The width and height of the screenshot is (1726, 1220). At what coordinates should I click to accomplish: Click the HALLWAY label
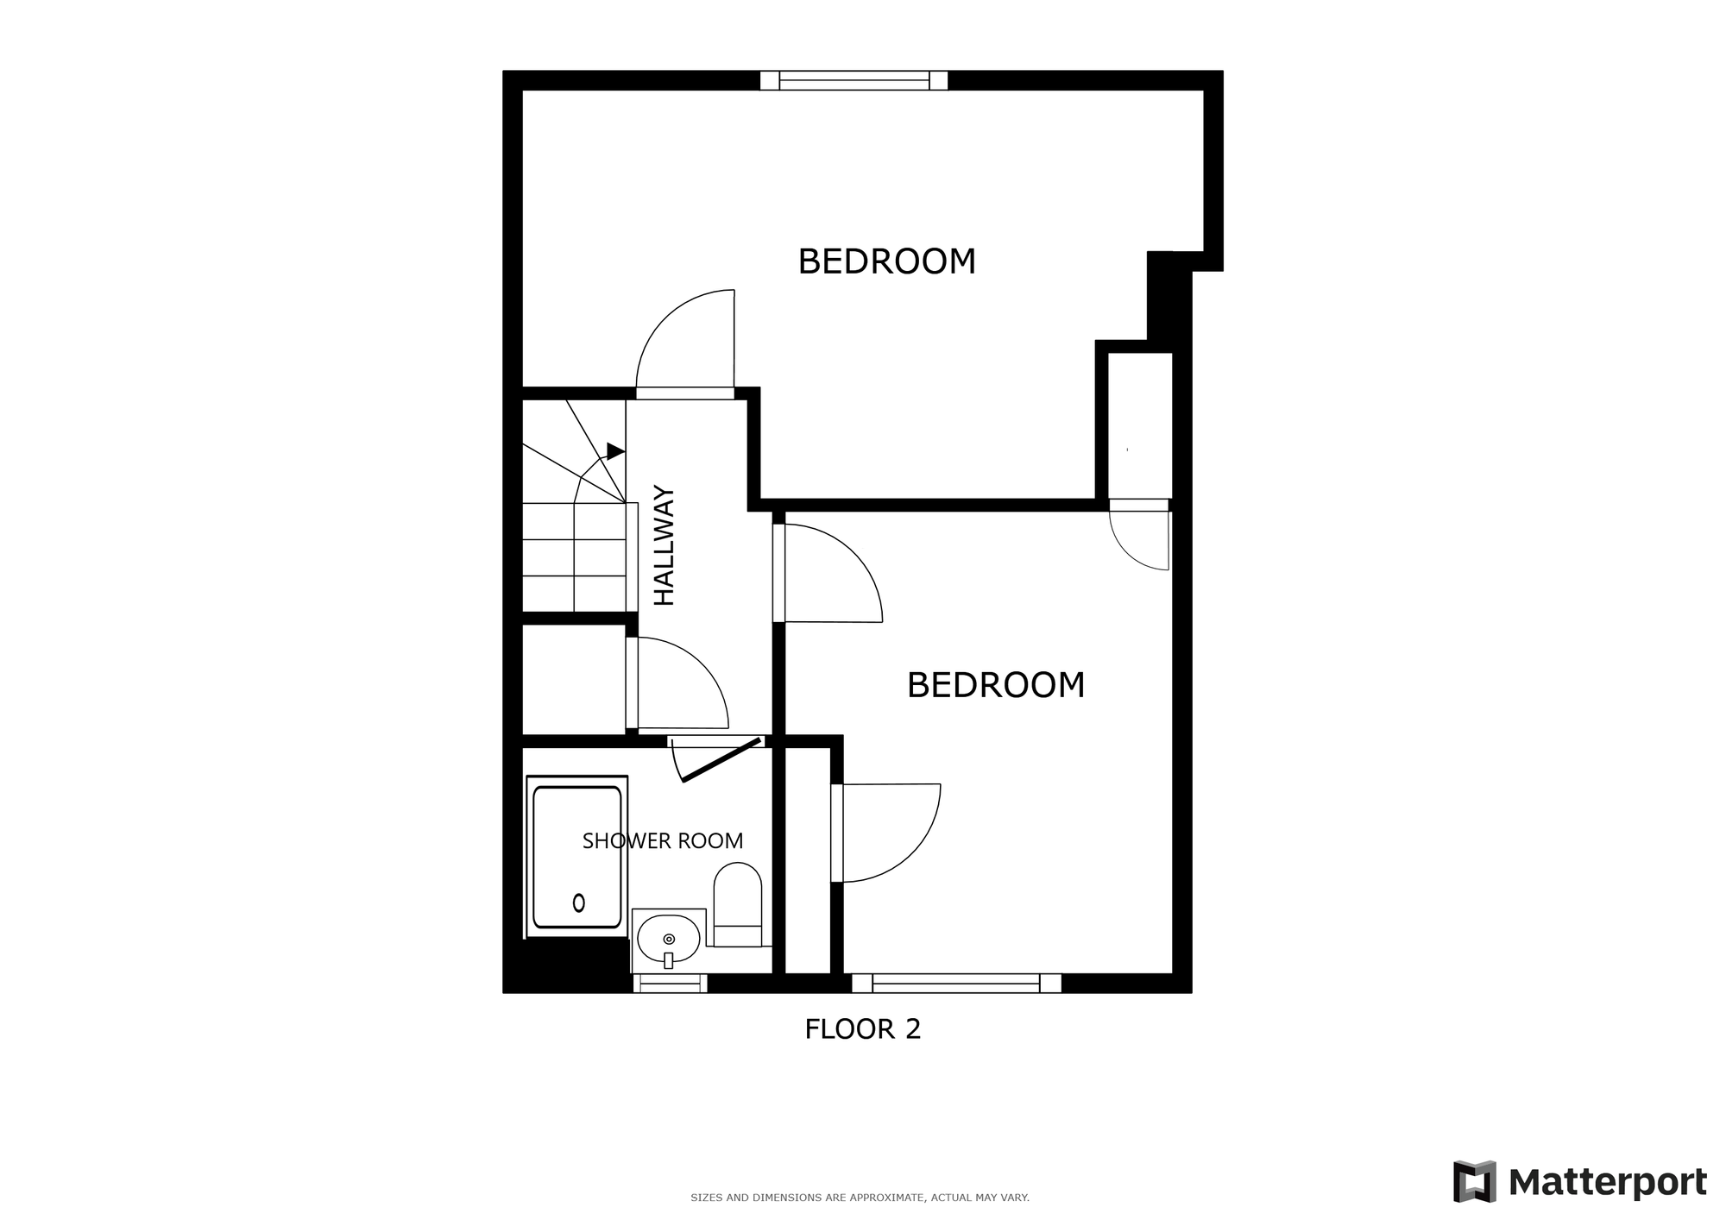coord(664,546)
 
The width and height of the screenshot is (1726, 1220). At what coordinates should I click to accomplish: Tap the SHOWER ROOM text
coord(663,840)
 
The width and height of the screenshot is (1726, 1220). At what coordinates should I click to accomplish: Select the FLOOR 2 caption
coord(863,1028)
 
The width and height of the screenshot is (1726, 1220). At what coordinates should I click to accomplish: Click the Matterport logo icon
coord(1475,1181)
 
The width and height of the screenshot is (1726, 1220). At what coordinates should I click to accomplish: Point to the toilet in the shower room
coord(738,904)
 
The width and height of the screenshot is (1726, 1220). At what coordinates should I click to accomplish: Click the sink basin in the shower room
coord(668,940)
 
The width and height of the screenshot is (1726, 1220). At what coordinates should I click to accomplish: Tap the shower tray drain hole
coord(579,902)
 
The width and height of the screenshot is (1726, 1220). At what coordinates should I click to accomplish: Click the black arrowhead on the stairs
coord(615,451)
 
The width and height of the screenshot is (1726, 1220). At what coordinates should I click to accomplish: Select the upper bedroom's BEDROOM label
coord(886,261)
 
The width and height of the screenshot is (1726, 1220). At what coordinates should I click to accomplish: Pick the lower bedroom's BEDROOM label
coord(996,685)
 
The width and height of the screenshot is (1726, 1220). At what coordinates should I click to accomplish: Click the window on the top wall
coord(854,80)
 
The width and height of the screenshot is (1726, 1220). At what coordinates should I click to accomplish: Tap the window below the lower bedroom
coord(956,983)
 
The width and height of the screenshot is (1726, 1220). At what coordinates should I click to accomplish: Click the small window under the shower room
coord(671,983)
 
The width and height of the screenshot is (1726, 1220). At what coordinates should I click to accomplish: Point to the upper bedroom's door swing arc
coord(665,318)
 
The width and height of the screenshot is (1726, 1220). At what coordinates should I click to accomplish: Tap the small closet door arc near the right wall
coord(1125,552)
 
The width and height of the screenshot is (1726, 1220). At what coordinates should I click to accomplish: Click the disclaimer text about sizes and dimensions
coord(860,1198)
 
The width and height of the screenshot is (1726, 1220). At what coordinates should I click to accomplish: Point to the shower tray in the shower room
coord(576,856)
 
